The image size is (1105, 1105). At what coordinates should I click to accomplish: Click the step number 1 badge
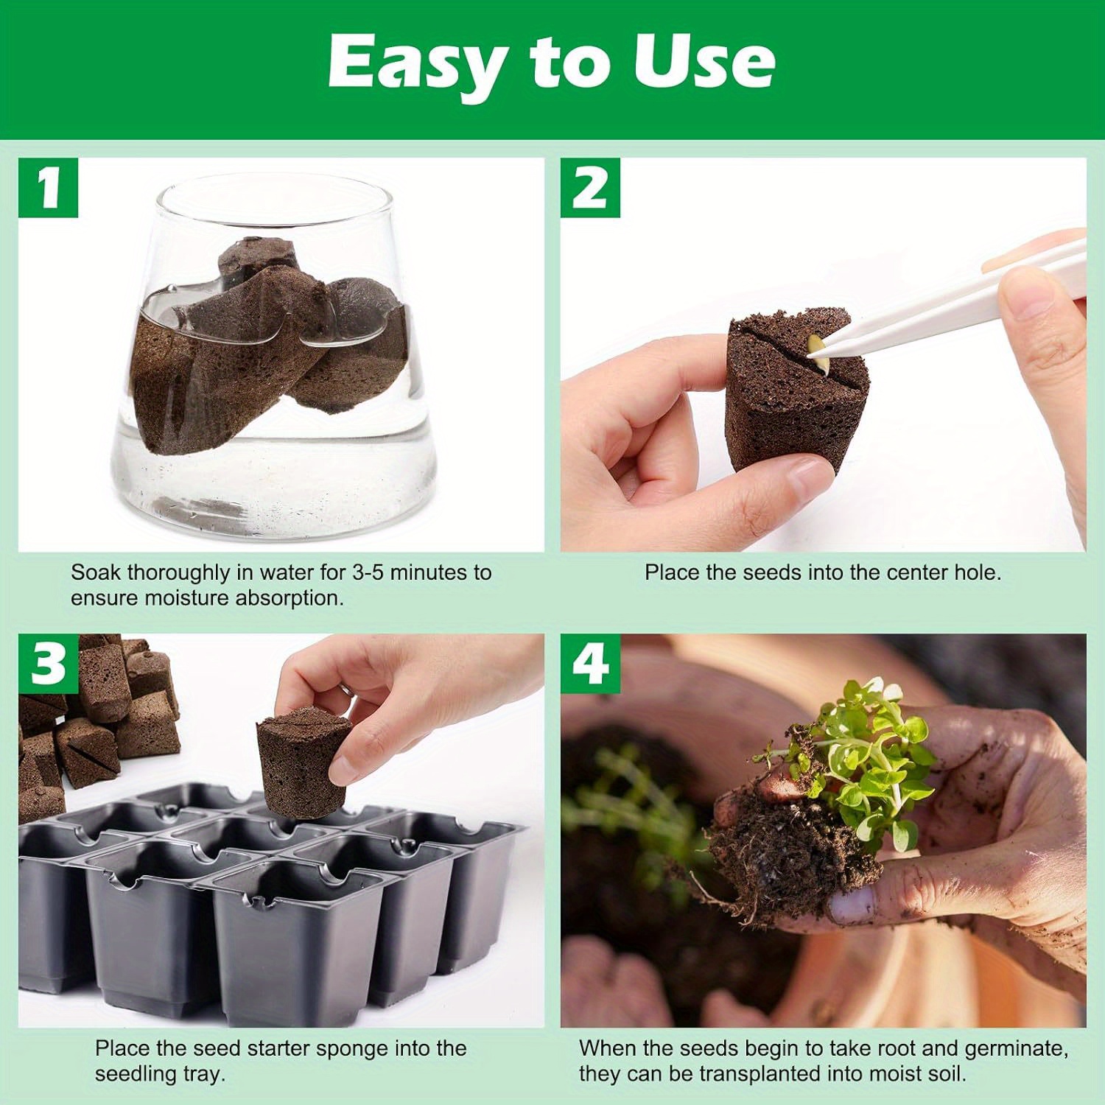(48, 188)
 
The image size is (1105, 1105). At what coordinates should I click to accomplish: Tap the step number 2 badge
(590, 188)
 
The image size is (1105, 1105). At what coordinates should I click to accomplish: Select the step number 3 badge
(48, 664)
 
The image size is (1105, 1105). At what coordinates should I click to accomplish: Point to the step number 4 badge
(590, 664)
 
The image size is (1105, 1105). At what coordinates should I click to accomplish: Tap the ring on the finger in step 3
(345, 688)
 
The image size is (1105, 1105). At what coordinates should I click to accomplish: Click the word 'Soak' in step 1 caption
(93, 572)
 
